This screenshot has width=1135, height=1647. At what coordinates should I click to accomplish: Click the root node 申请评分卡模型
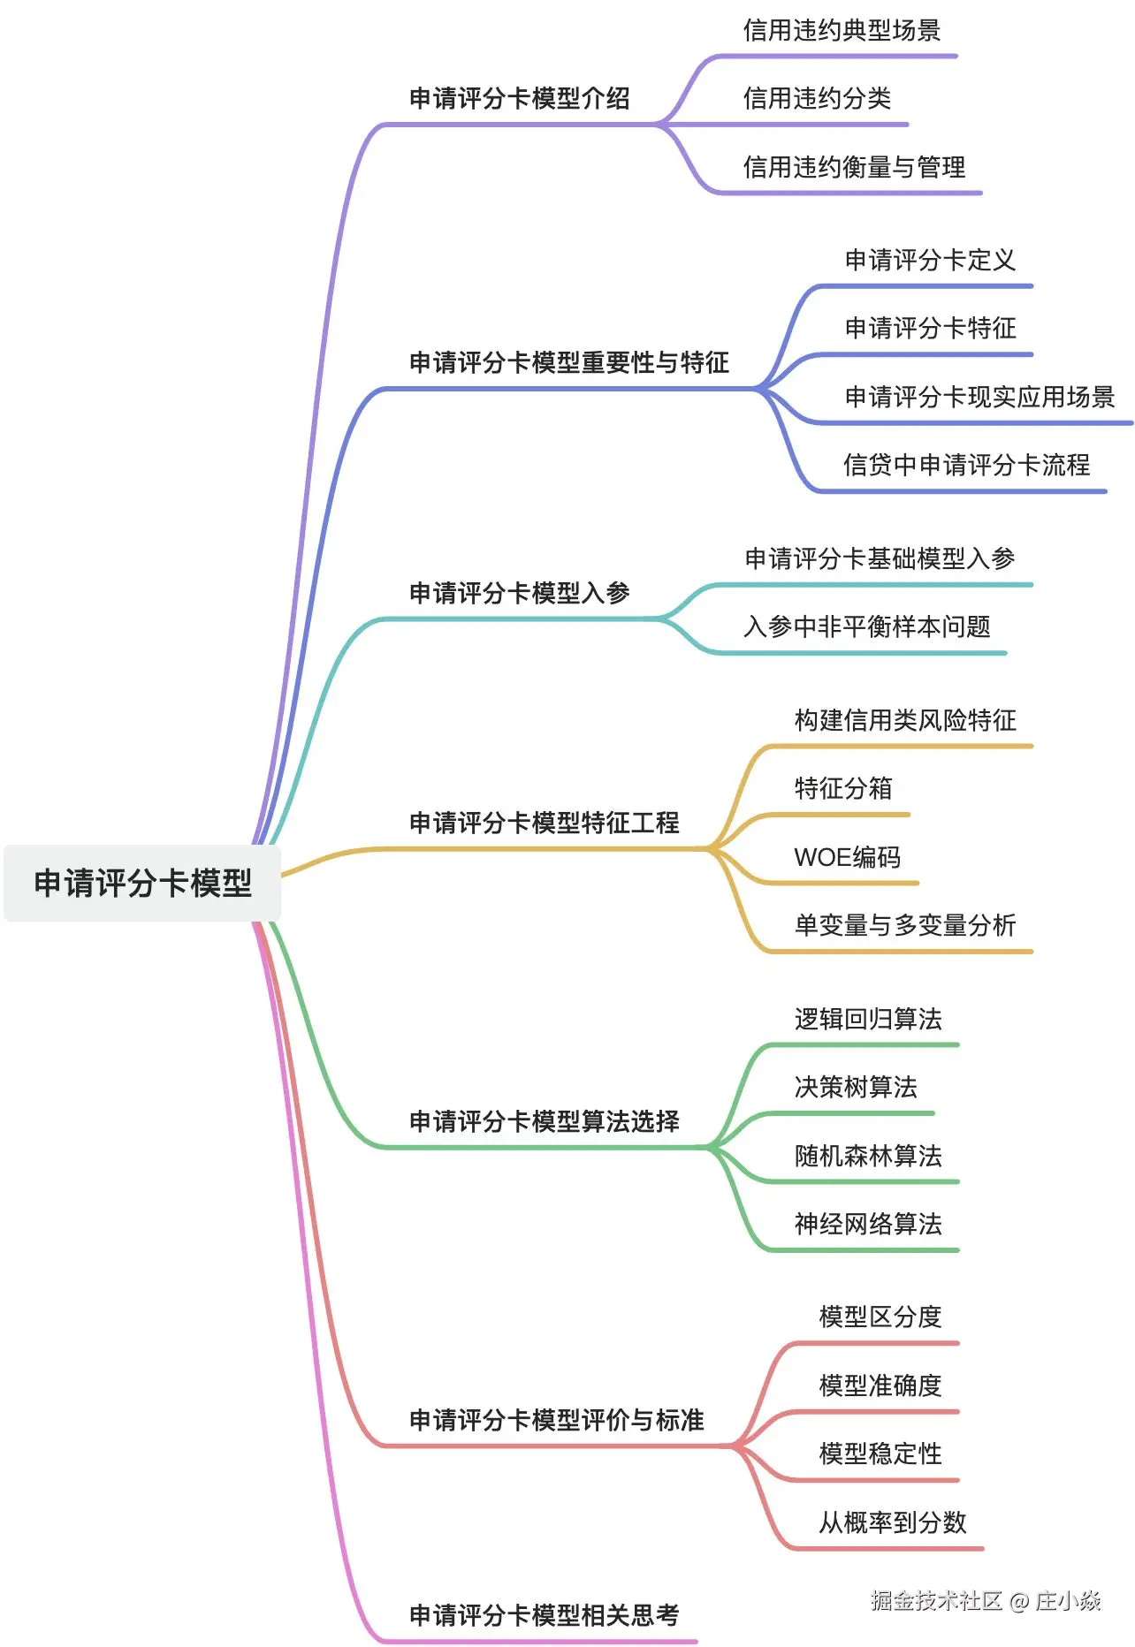(142, 883)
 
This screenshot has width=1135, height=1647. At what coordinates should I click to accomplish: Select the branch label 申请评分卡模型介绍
(519, 98)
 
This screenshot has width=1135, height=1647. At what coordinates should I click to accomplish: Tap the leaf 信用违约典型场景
(841, 31)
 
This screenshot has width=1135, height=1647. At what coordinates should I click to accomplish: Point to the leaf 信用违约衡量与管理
(853, 167)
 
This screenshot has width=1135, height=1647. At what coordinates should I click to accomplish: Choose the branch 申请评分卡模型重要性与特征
(568, 362)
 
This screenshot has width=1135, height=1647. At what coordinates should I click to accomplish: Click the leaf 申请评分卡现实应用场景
(979, 397)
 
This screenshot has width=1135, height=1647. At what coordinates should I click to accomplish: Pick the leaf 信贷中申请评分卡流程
(966, 465)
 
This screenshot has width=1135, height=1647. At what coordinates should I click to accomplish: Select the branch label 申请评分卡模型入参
(519, 593)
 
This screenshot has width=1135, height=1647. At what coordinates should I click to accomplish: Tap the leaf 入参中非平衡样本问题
(866, 626)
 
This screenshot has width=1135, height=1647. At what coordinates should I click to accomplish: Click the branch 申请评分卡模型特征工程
(544, 823)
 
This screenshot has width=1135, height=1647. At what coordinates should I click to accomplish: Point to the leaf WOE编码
(847, 857)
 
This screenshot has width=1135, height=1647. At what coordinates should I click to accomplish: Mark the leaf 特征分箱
(842, 788)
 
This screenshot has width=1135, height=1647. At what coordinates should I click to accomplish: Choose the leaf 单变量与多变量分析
(904, 925)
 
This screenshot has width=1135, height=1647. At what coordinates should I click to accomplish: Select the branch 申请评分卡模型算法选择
(544, 1121)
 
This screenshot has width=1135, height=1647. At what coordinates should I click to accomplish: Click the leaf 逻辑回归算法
(867, 1020)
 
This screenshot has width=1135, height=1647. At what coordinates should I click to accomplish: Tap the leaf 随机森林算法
(867, 1156)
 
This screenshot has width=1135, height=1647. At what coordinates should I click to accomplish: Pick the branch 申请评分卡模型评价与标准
(556, 1420)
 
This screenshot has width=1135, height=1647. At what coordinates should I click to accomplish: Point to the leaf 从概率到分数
(892, 1522)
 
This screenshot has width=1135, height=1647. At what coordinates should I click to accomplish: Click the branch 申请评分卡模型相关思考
(544, 1615)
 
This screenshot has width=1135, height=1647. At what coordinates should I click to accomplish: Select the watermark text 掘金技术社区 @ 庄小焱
(985, 1601)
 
